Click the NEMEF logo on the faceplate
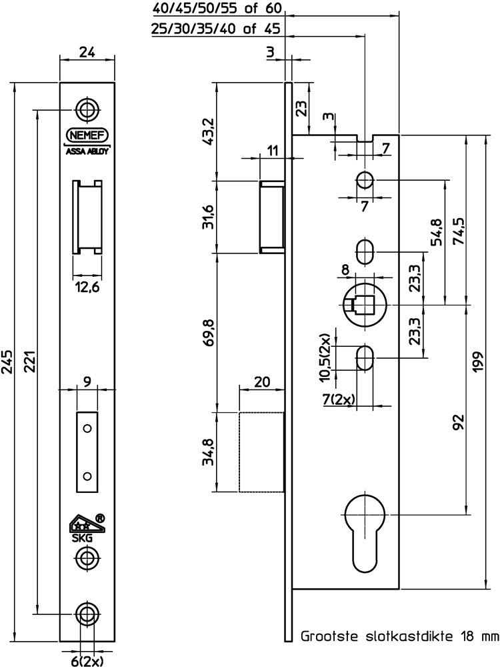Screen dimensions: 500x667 (x=87, y=135)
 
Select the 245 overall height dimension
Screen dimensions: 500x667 (x=7, y=362)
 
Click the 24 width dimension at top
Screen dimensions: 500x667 (x=87, y=52)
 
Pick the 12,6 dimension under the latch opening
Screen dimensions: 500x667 (x=87, y=287)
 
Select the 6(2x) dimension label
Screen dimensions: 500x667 (x=87, y=660)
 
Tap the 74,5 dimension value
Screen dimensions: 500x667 (x=459, y=231)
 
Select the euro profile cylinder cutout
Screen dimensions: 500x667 (x=365, y=532)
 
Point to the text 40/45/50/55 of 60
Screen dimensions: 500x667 (x=216, y=8)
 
